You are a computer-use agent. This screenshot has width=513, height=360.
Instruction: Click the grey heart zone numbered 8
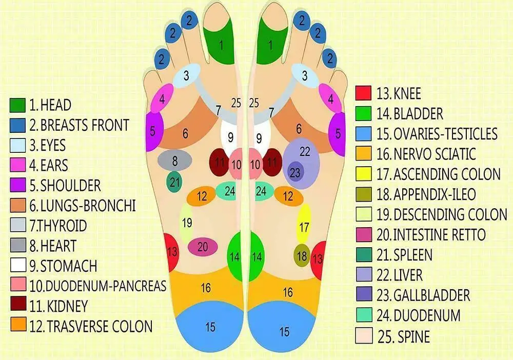coord(175,161)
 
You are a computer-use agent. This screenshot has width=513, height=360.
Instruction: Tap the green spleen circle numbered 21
coord(174,181)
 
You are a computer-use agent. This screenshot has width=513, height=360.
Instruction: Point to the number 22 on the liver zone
coord(305,152)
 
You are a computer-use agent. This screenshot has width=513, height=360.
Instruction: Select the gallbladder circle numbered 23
coord(295,172)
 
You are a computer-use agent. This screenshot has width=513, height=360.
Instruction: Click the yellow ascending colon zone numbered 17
coord(304,226)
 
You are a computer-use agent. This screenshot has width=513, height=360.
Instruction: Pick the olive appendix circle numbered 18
coord(302,255)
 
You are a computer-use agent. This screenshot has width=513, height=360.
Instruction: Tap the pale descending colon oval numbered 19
coord(186,223)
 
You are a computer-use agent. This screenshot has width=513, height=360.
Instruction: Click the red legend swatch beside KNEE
coord(363,93)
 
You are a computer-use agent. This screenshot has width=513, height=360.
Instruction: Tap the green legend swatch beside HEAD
coord(18,106)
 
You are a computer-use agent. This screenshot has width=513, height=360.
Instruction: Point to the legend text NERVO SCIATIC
coord(433,153)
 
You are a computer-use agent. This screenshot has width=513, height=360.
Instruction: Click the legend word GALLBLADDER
coord(431,295)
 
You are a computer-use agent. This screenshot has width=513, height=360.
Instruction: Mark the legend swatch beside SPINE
coord(363,336)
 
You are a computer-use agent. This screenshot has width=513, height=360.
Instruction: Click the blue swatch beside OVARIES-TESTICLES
coord(363,133)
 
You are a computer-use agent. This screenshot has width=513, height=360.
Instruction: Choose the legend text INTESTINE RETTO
coord(439,235)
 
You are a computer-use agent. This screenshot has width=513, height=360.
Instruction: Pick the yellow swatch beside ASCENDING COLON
coord(363,173)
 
